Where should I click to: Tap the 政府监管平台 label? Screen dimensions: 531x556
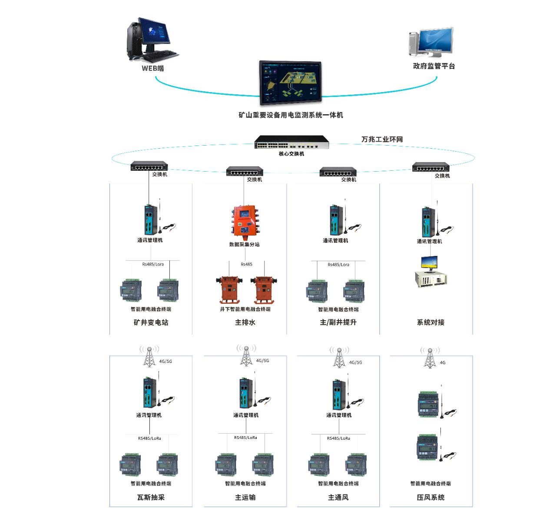tap(434, 66)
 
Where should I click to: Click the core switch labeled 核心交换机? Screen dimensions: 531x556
tap(291, 143)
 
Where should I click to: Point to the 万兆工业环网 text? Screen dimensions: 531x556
tap(382, 139)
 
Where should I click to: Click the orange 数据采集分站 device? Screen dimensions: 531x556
tap(245, 222)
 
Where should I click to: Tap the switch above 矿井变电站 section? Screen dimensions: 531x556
tap(149, 166)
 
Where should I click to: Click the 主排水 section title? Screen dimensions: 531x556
tap(245, 322)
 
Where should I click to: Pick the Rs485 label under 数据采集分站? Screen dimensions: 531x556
tap(246, 264)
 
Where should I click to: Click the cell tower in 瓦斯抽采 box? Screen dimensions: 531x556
tap(149, 357)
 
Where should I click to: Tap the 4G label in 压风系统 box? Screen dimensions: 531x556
tap(443, 362)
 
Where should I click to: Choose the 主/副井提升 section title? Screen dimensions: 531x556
tap(338, 322)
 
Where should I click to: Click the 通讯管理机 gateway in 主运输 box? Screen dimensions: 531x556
tap(245, 394)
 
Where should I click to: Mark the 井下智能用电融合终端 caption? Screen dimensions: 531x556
tap(245, 309)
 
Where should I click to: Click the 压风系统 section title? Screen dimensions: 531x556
tap(430, 498)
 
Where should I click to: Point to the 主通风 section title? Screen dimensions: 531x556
tap(338, 498)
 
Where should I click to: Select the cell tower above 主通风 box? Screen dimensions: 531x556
tap(339, 358)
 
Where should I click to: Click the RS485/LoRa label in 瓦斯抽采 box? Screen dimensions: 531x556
tap(149, 438)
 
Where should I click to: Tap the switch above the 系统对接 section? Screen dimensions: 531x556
tap(430, 167)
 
